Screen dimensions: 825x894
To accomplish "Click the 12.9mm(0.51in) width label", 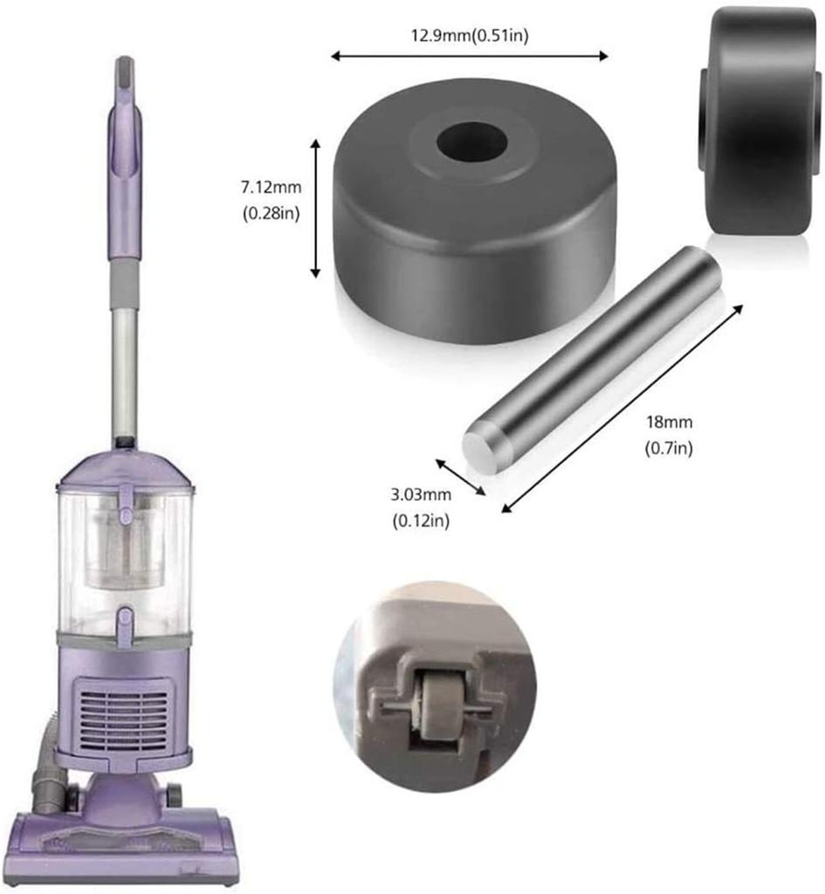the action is [470, 35].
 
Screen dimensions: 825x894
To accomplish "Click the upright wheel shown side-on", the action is [759, 120].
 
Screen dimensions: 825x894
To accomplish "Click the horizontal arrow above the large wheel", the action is [469, 56].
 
